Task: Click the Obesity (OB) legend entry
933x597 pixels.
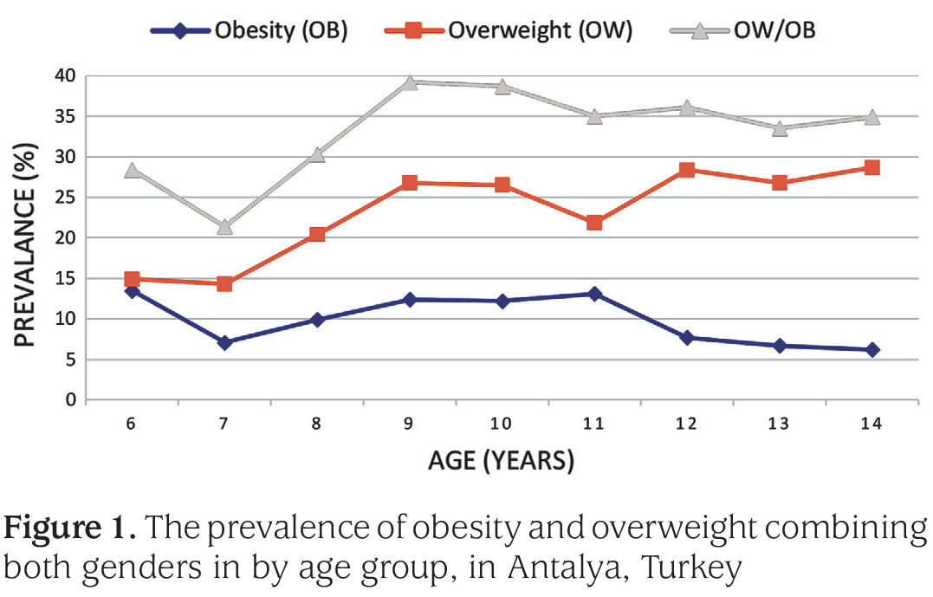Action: coord(249,29)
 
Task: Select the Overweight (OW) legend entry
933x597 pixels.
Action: coord(509,29)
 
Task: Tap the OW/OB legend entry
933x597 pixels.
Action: coord(742,29)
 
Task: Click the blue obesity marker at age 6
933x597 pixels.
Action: coord(132,291)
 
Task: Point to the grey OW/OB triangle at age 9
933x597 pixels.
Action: coord(410,82)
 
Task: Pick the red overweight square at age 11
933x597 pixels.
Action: coord(593,223)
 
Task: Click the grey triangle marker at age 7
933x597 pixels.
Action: coord(224,227)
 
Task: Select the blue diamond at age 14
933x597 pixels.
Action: coord(872,350)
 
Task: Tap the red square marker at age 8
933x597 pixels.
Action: coord(317,234)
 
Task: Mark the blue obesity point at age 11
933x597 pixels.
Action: coord(593,294)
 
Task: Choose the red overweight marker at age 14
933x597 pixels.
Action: coord(872,167)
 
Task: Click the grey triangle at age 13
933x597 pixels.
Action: coord(780,128)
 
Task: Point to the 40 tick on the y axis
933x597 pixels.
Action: coord(66,75)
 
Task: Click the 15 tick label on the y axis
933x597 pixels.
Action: coord(66,278)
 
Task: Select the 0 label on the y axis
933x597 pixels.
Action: coord(71,399)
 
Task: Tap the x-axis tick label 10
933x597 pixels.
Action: coord(501,423)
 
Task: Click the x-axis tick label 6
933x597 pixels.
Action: coord(131,423)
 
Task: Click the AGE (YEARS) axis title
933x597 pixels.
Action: coord(501,461)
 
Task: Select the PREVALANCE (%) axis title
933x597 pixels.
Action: coord(25,244)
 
